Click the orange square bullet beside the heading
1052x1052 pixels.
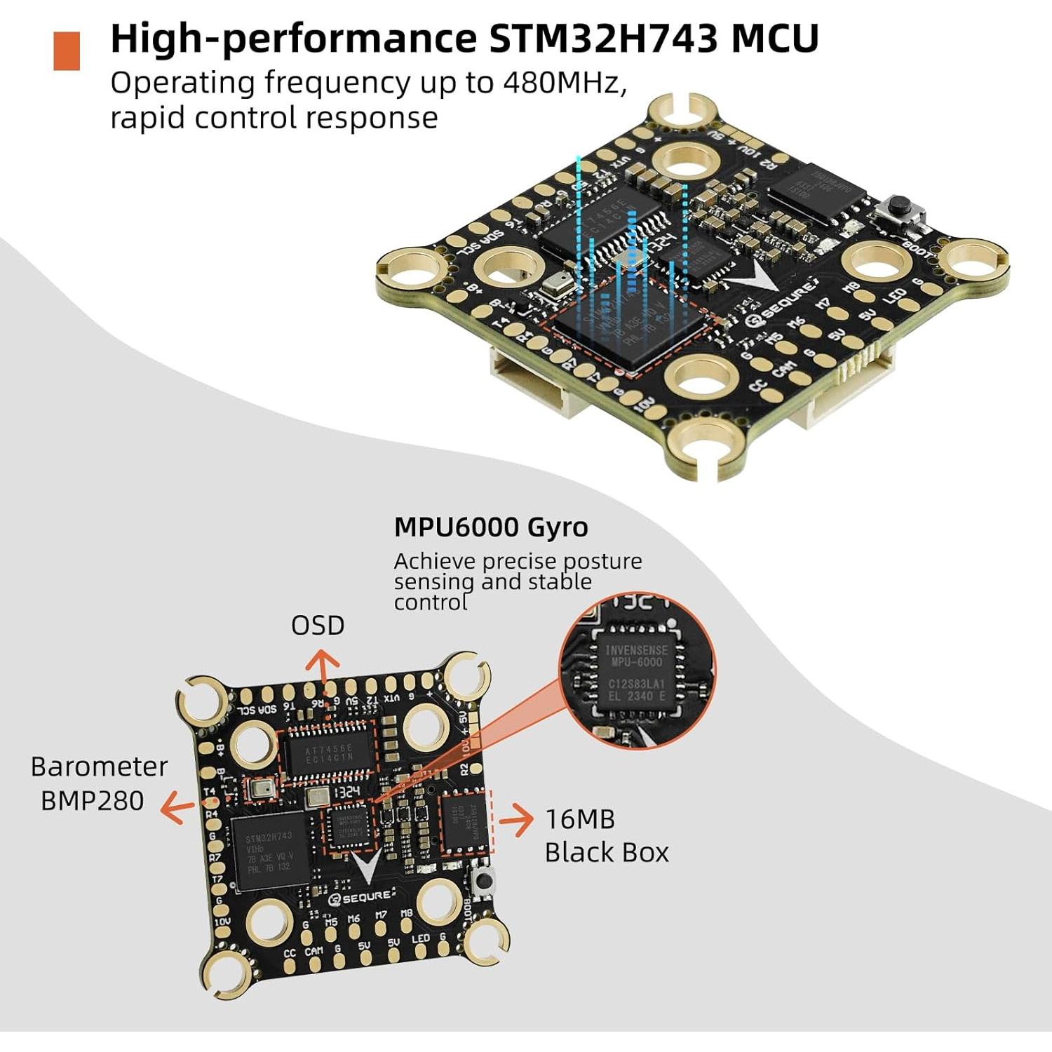click(x=67, y=50)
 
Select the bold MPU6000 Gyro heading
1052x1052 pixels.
click(x=491, y=527)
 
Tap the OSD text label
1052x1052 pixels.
click(x=318, y=626)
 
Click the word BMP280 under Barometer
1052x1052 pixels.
click(x=92, y=800)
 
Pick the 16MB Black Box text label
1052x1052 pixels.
click(x=606, y=835)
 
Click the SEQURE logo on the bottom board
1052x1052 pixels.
click(x=363, y=897)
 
